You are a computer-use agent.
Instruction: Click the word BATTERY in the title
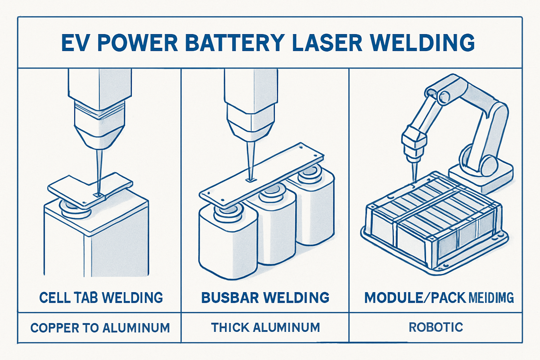tap(234, 43)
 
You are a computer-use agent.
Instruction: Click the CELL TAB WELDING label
tap(101, 298)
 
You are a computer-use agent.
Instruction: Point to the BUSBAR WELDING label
tap(265, 298)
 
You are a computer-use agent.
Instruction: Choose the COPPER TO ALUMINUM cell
tap(100, 328)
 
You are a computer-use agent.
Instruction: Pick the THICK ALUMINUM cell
tap(265, 328)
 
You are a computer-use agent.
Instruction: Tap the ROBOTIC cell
tap(436, 327)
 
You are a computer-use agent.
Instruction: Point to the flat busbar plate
tap(262, 176)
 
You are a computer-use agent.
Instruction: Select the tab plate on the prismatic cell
tap(90, 188)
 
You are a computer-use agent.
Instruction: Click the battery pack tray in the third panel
tap(434, 225)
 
